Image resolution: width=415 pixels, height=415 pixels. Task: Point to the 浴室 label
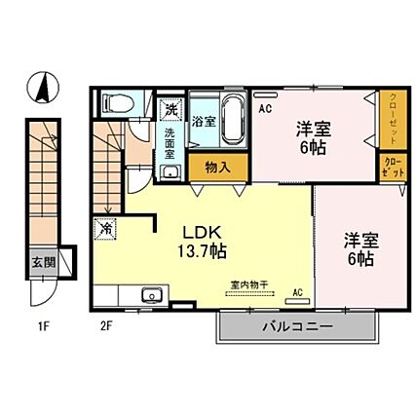[x=203, y=122]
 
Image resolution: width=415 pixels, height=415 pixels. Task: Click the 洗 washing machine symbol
[x=171, y=107]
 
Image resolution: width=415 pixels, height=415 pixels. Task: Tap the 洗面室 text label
[x=171, y=144]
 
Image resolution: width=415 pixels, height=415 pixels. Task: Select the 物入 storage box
[x=218, y=167]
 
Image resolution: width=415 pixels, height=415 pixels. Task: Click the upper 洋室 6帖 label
[x=312, y=136]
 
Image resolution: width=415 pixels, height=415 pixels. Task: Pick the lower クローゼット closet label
[x=391, y=166]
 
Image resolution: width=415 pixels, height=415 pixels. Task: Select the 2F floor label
[x=105, y=326]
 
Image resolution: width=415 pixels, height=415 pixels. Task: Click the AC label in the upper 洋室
[x=264, y=110]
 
